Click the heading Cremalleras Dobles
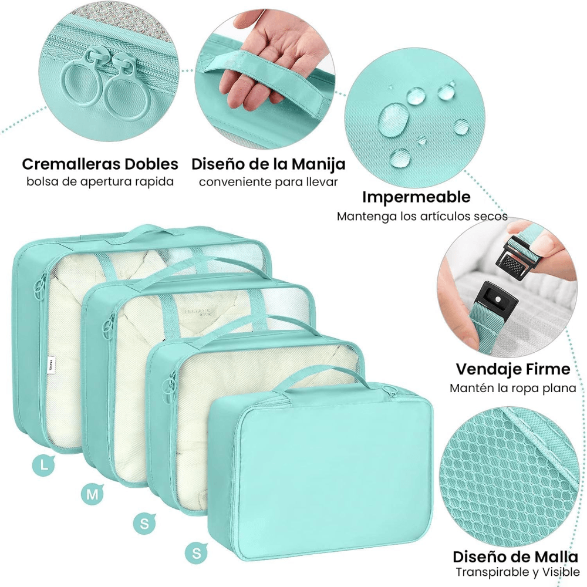pos(100,164)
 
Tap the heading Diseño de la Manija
pos(268,164)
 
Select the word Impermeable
pos(416,197)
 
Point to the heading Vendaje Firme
pos(513,369)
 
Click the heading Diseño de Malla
pos(515,556)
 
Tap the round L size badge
pos(44,465)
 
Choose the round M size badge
pos(92,494)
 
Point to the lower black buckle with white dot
pos(498,300)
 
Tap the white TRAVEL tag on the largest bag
pos(50,363)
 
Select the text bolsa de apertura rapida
pos(100,182)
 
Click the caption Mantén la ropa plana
pos(513,388)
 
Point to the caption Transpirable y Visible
pos(517,572)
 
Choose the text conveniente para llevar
pos(268,183)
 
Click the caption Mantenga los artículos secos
pos(422,217)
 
